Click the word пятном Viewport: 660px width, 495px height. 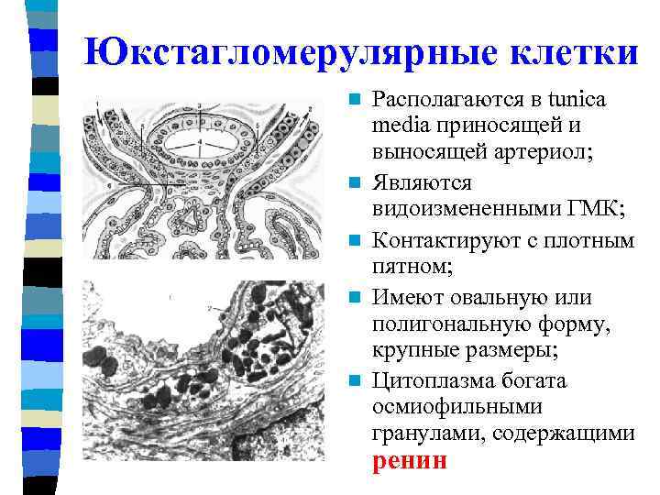point(409,268)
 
